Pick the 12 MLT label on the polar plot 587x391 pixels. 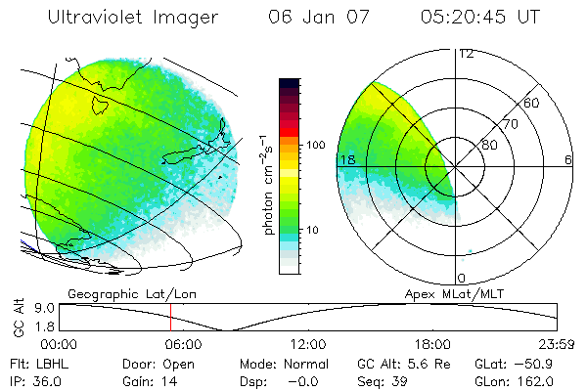(x=466, y=53)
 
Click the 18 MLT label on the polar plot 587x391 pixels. (x=346, y=159)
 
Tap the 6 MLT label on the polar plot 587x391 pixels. (x=568, y=159)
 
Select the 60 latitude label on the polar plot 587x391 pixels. (x=531, y=103)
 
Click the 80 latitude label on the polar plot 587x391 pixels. (x=490, y=145)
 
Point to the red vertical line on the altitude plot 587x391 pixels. (x=170, y=316)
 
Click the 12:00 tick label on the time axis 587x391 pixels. (x=308, y=344)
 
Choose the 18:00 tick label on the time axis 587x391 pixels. (x=432, y=344)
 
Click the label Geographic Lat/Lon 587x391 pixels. (x=114, y=292)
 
